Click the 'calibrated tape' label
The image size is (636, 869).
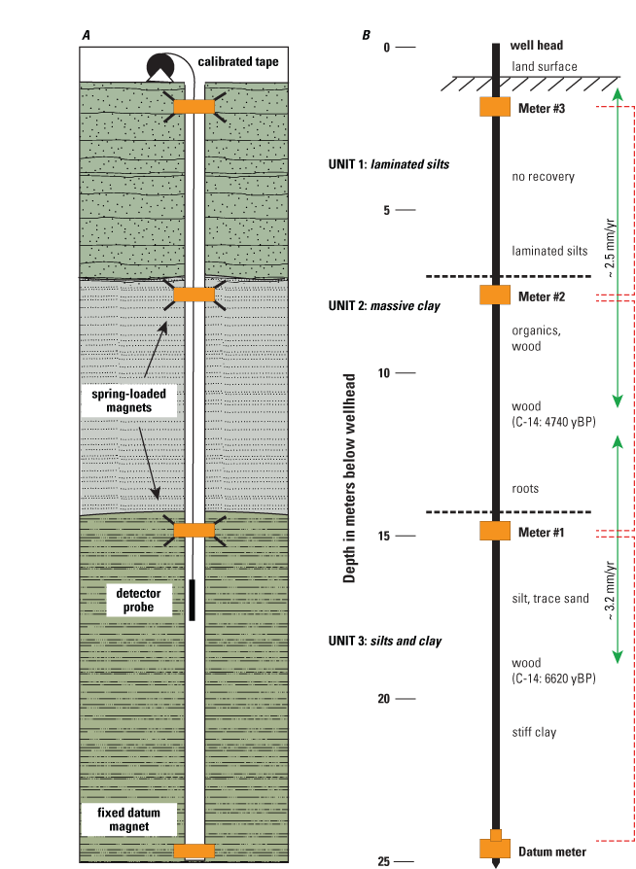[x=238, y=61]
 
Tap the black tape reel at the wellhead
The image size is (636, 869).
[x=159, y=65]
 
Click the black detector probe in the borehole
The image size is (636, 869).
[x=193, y=599]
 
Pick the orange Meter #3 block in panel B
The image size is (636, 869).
[x=497, y=107]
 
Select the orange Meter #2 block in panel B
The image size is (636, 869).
[x=497, y=295]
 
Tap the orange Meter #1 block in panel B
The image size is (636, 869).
[x=497, y=531]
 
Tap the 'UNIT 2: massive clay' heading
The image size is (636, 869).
[x=384, y=306]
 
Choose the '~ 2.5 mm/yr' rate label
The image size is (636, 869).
[x=610, y=248]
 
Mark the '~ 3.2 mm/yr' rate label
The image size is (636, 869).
[x=610, y=590]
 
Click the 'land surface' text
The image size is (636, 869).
[x=545, y=66]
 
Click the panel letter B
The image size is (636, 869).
[x=366, y=36]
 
